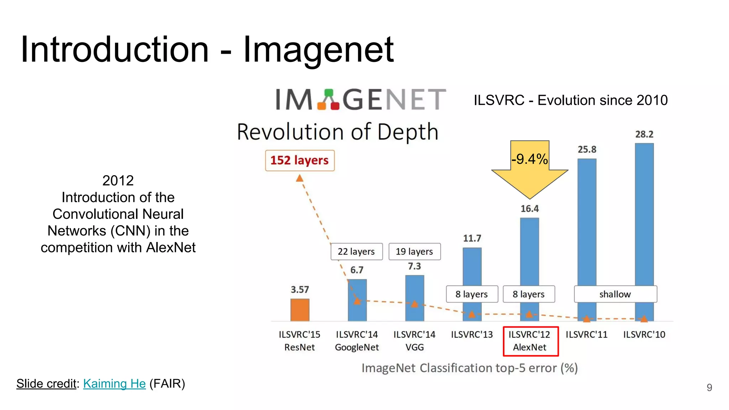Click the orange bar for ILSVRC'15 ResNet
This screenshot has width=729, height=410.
(300, 310)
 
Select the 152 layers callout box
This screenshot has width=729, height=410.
(299, 161)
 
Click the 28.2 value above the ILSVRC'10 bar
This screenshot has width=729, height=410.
(644, 135)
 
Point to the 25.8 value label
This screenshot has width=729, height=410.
(587, 149)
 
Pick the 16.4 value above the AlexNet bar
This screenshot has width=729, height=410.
(530, 209)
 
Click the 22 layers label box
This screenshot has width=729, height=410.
(356, 252)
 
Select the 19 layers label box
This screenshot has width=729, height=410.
(414, 252)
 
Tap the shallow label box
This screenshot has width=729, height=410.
(615, 294)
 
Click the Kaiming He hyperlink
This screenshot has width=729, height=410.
(114, 384)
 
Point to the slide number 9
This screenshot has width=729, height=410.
(709, 388)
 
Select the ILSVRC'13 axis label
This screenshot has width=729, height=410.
(472, 335)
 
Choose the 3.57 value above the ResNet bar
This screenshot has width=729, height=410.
(300, 290)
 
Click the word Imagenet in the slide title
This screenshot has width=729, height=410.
(318, 50)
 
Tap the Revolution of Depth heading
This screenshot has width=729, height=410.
(337, 132)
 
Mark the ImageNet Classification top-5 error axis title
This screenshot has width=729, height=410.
(470, 368)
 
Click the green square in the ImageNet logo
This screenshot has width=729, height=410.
(329, 93)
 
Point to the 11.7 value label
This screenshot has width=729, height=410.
(472, 238)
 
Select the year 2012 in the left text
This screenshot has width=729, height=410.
(118, 181)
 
